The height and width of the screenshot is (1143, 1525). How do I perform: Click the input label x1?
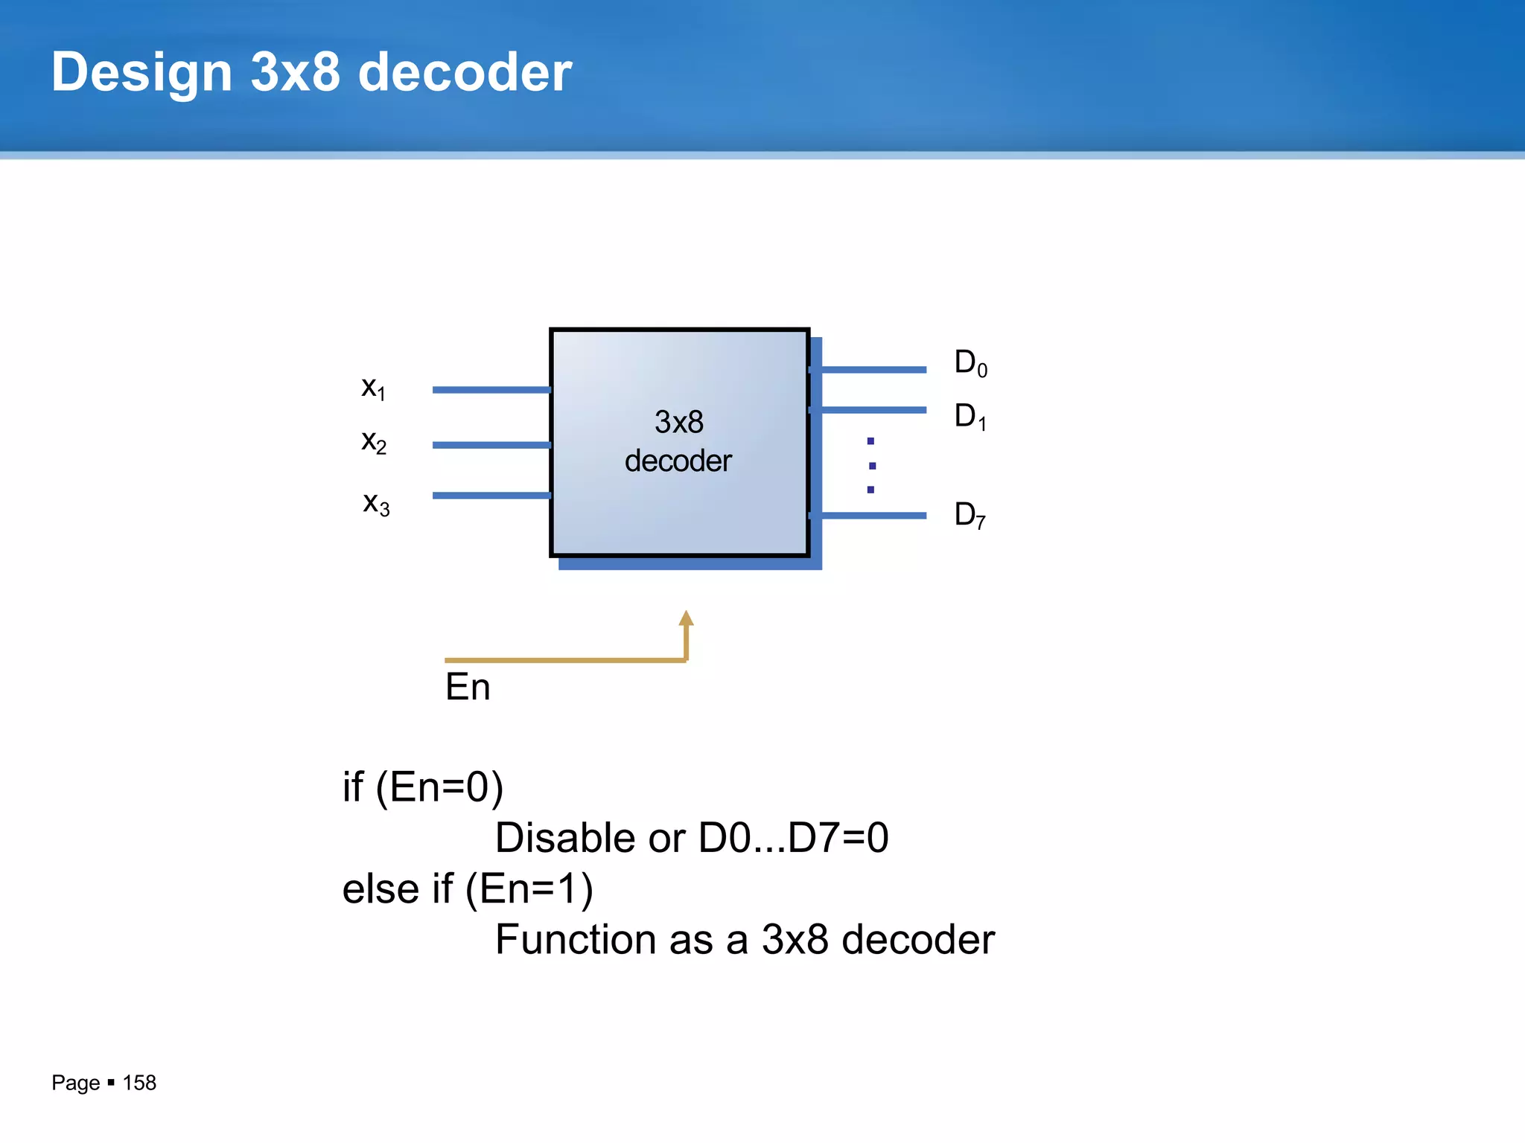[x=373, y=388]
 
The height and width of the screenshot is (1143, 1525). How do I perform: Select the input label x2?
[x=374, y=442]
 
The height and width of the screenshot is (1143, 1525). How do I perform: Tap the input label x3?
[x=376, y=504]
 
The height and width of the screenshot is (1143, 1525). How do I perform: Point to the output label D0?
[x=970, y=363]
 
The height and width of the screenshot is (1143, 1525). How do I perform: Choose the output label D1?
[x=970, y=417]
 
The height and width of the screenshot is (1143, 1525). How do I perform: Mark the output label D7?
[x=970, y=515]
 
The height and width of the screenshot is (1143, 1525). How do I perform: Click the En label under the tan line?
[x=468, y=687]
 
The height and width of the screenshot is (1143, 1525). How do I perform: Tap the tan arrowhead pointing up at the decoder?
[x=687, y=619]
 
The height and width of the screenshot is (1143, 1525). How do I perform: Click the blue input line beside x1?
[x=491, y=390]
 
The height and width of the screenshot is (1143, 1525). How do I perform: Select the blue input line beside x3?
[x=491, y=496]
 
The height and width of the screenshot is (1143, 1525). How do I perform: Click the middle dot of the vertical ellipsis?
[x=872, y=466]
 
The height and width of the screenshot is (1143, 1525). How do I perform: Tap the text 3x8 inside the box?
[x=679, y=422]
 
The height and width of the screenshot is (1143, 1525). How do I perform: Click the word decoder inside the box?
[x=678, y=461]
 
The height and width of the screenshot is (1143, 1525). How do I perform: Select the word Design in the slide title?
[x=141, y=72]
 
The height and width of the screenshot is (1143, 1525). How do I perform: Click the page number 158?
[x=139, y=1083]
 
